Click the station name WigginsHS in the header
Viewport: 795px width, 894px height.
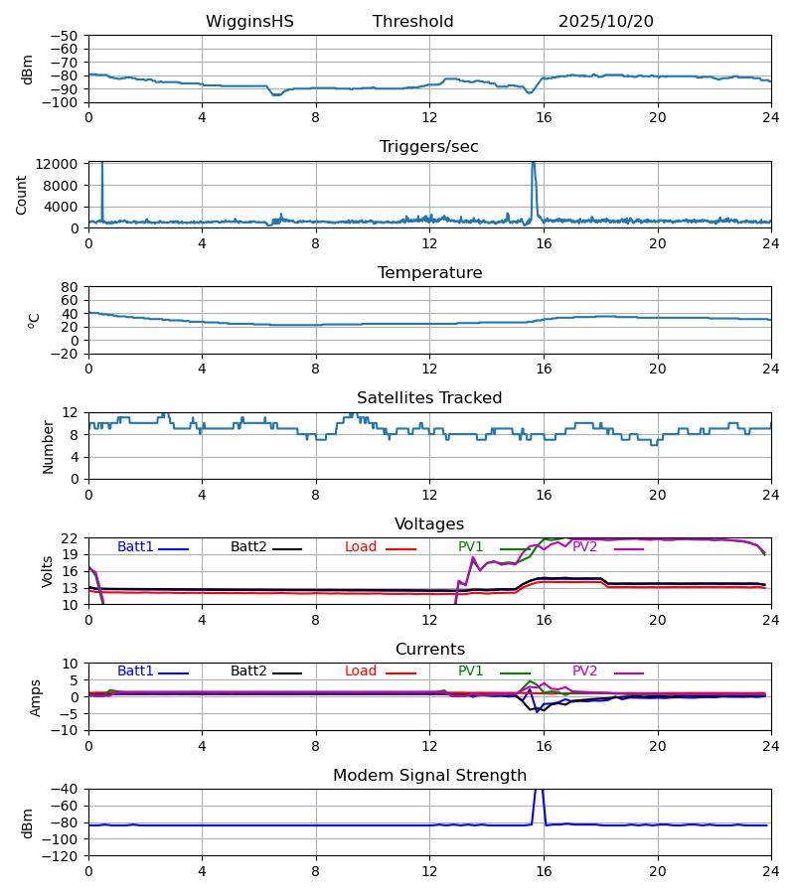tap(249, 22)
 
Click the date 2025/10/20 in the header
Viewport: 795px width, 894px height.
tap(605, 22)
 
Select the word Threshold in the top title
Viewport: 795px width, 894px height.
tap(412, 22)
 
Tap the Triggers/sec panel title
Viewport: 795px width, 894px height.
tap(428, 147)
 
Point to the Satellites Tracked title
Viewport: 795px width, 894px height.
tap(428, 398)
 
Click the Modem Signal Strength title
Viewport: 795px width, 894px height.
tap(428, 776)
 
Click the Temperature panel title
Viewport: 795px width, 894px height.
tap(428, 273)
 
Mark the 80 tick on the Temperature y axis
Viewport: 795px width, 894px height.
tap(70, 287)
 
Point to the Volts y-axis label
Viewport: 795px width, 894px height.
tap(48, 571)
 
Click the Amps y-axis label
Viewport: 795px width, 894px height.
tap(37, 697)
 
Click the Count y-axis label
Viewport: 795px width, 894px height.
tap(22, 195)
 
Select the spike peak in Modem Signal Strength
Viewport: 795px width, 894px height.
tap(539, 790)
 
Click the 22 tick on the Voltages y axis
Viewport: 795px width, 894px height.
tap(70, 538)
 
